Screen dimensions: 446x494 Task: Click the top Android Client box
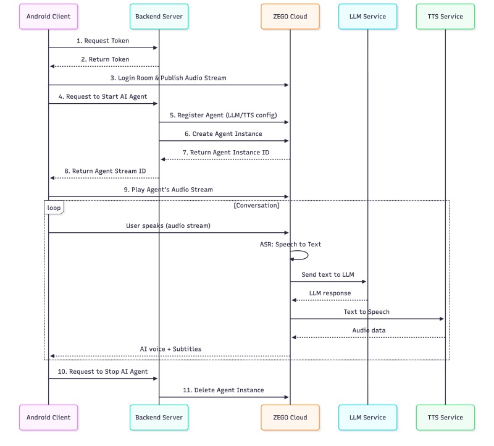[49, 17]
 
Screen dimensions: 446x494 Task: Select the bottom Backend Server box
[159, 417]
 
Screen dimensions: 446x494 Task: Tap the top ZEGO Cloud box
[290, 17]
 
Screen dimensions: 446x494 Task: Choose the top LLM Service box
[367, 17]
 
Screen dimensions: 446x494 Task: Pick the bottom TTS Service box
[445, 417]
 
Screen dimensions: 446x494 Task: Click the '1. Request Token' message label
[103, 41]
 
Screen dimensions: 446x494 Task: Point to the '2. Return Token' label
[105, 59]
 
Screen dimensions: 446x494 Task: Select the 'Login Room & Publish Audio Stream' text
[168, 78]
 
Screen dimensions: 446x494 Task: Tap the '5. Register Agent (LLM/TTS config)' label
[224, 115]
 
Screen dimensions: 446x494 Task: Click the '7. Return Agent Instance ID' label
[225, 152]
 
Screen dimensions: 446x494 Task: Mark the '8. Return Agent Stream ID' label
[105, 170]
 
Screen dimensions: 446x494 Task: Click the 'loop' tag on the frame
[54, 208]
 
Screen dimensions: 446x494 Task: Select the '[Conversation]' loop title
[257, 205]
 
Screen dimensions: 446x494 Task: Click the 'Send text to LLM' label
[329, 274]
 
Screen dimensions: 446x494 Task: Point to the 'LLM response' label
[330, 293]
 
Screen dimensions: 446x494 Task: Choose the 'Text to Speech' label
[367, 311]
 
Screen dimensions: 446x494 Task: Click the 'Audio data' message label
[369, 330]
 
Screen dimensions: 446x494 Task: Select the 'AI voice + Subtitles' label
[170, 348]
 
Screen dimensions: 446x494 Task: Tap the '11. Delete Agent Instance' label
[224, 390]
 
